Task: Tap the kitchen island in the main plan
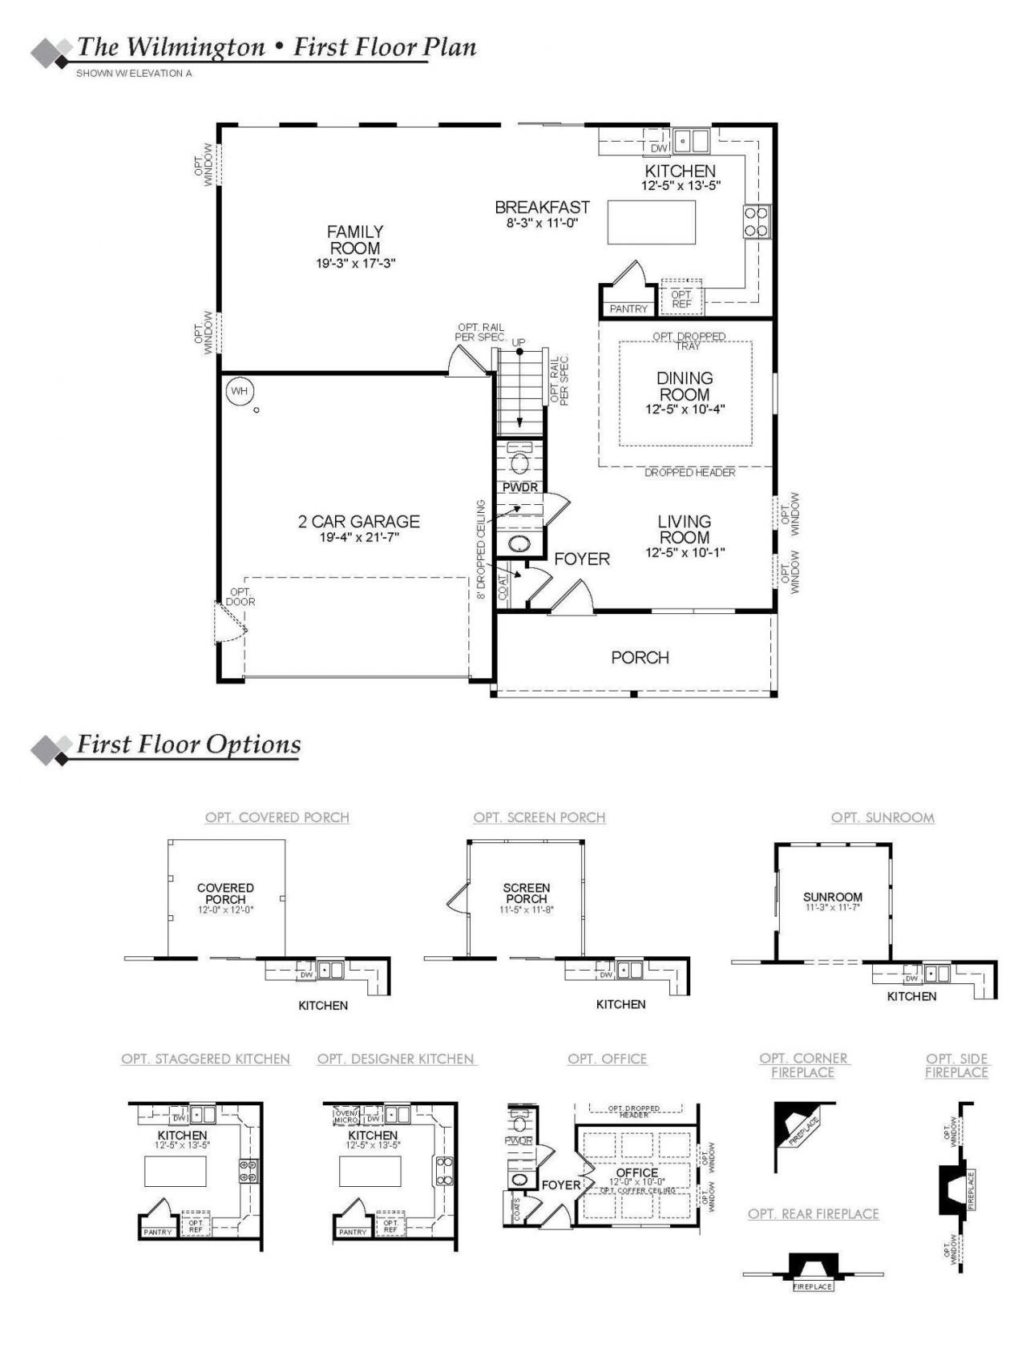coord(651,222)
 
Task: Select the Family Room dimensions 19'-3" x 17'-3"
coord(355,263)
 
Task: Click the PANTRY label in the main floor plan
coord(628,309)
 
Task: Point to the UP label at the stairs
coord(519,342)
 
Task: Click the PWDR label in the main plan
coord(519,487)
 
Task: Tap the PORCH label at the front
coord(640,657)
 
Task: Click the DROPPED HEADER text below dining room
coord(689,473)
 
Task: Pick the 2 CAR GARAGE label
coord(359,522)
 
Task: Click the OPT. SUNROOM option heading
coord(883,817)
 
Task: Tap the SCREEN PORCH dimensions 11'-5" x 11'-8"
coord(526,910)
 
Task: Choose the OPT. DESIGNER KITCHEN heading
coord(396,1059)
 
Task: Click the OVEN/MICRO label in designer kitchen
coord(346,1116)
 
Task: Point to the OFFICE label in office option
coord(637,1172)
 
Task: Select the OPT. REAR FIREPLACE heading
coord(813,1214)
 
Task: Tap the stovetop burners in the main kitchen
coord(756,222)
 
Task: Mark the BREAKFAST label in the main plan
coord(542,208)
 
